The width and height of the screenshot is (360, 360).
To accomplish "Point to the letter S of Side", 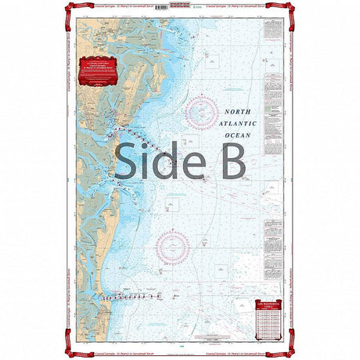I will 128,160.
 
